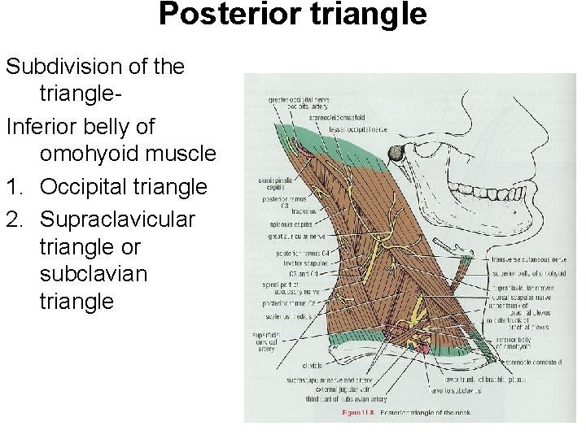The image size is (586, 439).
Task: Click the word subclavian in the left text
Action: pos(93,273)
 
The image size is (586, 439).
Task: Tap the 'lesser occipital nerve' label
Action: pos(357,129)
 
